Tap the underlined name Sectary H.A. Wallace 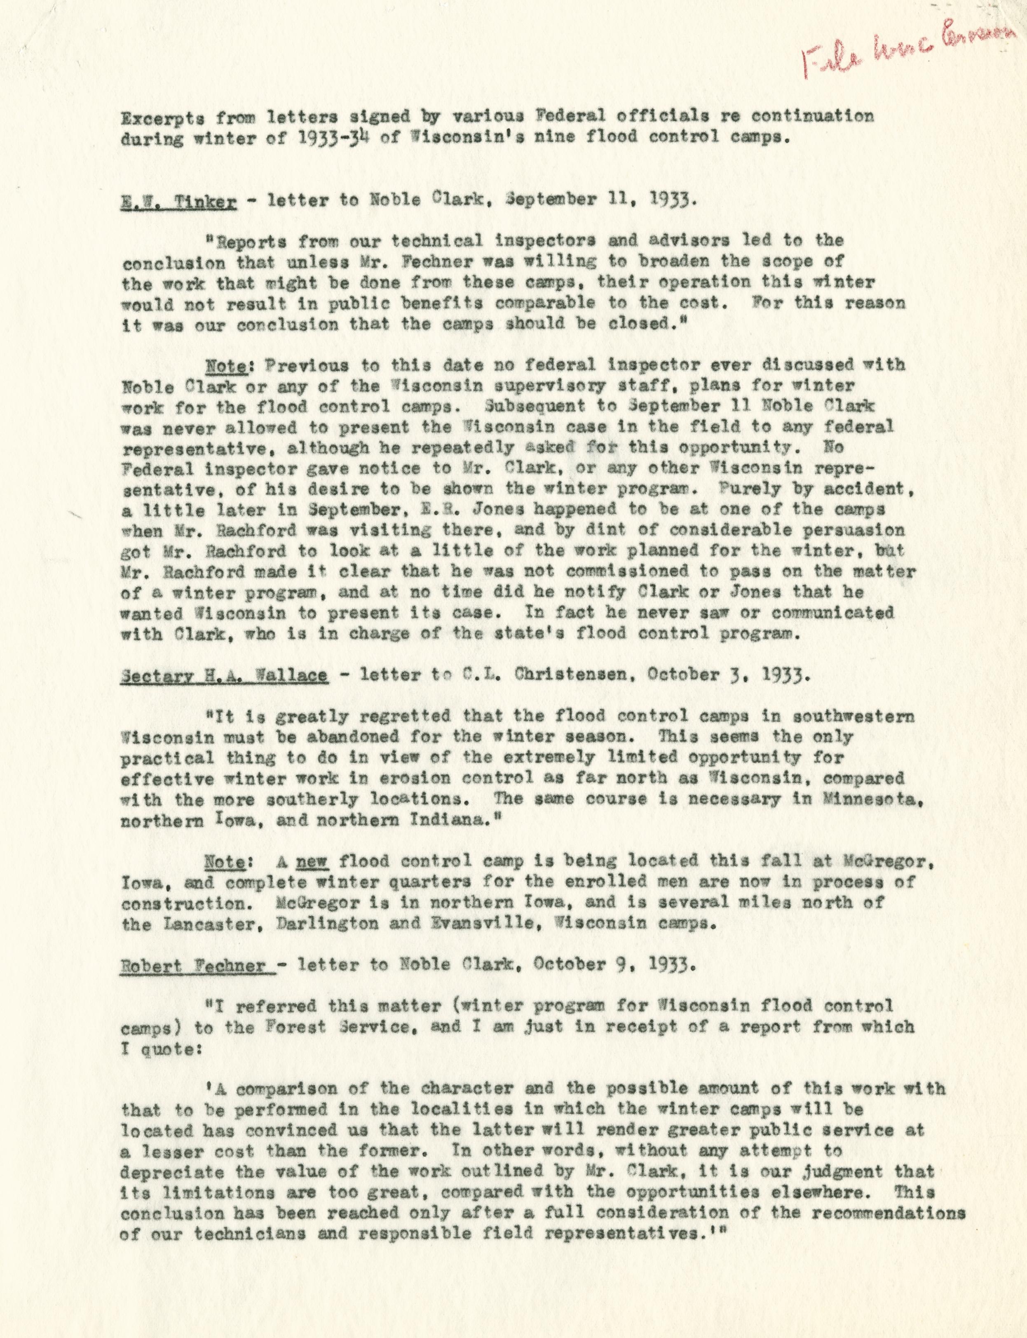point(227,676)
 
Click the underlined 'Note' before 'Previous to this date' point(227,365)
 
